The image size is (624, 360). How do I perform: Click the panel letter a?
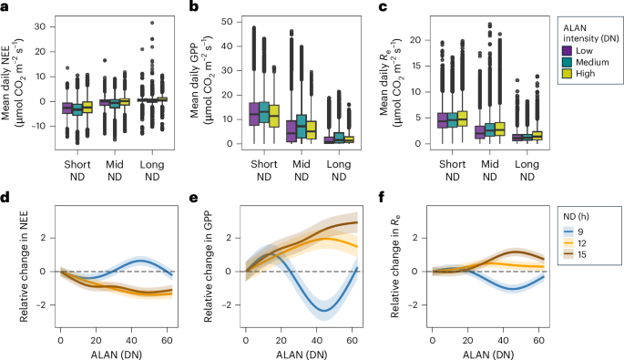pos(5,6)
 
